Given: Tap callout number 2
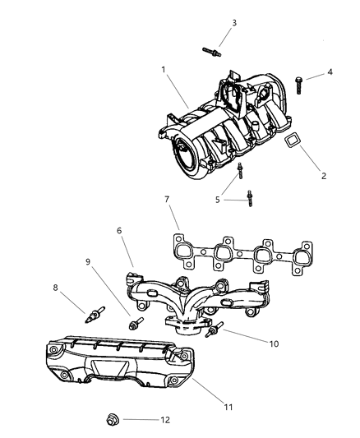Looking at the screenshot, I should [322, 176].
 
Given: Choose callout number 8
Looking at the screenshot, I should [57, 288].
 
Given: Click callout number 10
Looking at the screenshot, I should [271, 343].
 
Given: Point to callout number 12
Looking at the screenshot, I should [166, 419].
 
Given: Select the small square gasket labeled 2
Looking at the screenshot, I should [293, 143].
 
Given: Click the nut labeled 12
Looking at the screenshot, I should [113, 420].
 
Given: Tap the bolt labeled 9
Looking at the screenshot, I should [133, 323].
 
